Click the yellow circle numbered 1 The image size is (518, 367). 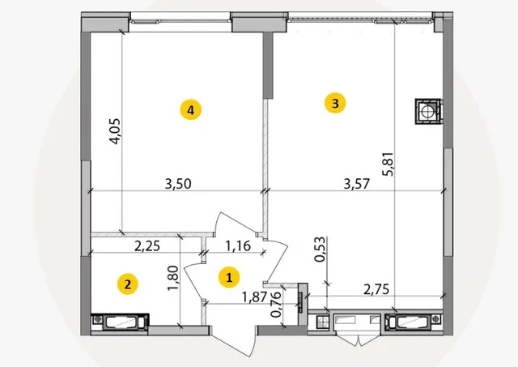[229, 277]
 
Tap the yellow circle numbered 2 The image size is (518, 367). [128, 284]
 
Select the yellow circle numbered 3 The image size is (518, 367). [335, 103]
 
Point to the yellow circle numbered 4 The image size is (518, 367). [191, 110]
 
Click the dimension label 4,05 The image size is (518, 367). [115, 131]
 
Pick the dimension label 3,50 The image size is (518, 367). [178, 184]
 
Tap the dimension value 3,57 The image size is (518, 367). [356, 184]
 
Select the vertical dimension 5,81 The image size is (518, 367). [388, 164]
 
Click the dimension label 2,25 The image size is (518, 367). [147, 245]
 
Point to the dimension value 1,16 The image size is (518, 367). [238, 245]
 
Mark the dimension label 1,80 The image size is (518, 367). [172, 278]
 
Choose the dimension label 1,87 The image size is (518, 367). [254, 297]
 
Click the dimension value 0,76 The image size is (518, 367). [276, 304]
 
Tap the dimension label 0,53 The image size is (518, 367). [320, 250]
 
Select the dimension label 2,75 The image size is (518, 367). [376, 289]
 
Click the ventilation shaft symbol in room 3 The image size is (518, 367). [428, 111]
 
